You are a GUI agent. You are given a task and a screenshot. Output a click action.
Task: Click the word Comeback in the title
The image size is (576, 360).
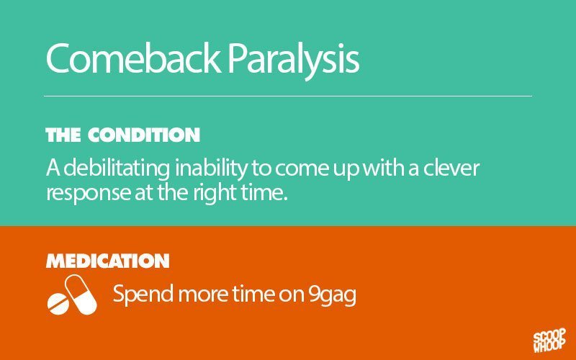click(x=133, y=58)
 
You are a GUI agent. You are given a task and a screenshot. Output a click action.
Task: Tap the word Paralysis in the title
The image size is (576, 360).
click(x=293, y=60)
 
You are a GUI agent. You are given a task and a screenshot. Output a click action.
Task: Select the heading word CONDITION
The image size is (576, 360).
click(x=143, y=135)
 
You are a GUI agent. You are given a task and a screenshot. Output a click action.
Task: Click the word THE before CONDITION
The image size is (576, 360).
click(x=63, y=135)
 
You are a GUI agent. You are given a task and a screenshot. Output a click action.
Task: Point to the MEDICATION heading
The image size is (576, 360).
click(x=107, y=261)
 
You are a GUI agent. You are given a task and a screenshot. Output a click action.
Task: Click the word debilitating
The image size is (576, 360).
click(x=117, y=168)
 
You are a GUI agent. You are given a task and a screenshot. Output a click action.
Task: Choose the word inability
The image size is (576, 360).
click(x=211, y=168)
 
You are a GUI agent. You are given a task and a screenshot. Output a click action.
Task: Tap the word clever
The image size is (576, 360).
click(x=451, y=168)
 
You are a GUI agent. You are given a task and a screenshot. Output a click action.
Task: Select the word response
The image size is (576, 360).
click(x=88, y=194)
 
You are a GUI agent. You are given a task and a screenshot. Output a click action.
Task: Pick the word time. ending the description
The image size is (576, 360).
click(x=264, y=192)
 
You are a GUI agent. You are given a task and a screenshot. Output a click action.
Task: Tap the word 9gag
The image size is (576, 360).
click(x=332, y=295)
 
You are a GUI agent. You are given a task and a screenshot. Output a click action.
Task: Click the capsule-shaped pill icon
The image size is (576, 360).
click(x=81, y=294)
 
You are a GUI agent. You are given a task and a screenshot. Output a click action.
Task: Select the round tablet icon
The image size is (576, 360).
click(x=58, y=304)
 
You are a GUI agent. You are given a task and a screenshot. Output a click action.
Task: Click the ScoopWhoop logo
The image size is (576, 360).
click(x=549, y=341)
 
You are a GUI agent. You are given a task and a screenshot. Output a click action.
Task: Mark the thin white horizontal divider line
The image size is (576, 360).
click(x=288, y=96)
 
